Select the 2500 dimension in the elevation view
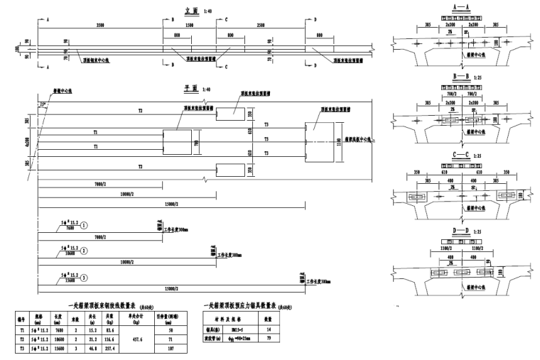click(262, 26)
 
